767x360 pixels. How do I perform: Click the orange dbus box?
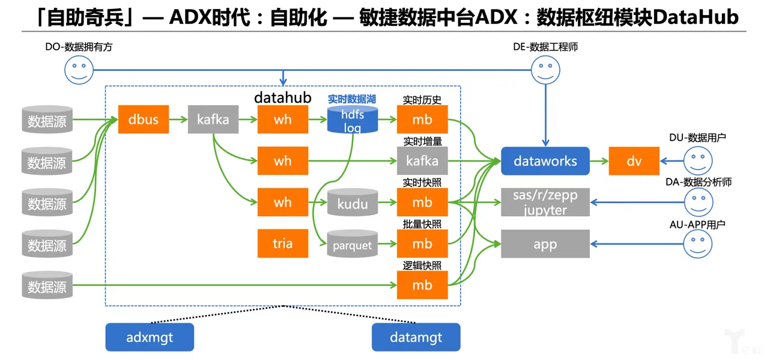pyautogui.click(x=144, y=119)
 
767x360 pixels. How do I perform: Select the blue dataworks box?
pyautogui.click(x=545, y=161)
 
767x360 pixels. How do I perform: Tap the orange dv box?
pyautogui.click(x=634, y=161)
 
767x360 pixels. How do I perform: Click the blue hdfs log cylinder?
pyautogui.click(x=353, y=120)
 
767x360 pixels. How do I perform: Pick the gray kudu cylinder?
pyautogui.click(x=353, y=203)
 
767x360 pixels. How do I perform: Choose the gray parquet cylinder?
pyautogui.click(x=353, y=243)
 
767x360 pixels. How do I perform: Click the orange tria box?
pyautogui.click(x=283, y=243)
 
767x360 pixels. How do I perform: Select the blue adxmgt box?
pyautogui.click(x=150, y=337)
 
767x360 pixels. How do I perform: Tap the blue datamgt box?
pyautogui.click(x=416, y=337)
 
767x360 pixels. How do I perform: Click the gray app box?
pyautogui.click(x=545, y=243)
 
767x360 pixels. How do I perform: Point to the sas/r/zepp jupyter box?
pyautogui.click(x=545, y=202)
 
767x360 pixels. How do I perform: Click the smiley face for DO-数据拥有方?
pyautogui.click(x=79, y=70)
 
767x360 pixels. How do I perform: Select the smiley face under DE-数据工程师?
pyautogui.click(x=545, y=70)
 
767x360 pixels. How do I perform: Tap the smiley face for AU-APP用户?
pyautogui.click(x=698, y=243)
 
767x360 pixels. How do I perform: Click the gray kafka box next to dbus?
pyautogui.click(x=213, y=119)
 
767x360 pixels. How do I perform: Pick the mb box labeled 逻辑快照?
pyautogui.click(x=422, y=285)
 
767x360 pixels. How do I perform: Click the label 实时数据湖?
pyautogui.click(x=352, y=99)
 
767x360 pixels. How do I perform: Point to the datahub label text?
pyautogui.click(x=283, y=97)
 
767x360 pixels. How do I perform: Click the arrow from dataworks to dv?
pyautogui.click(x=599, y=161)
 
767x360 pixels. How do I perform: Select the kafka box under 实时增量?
pyautogui.click(x=422, y=161)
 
